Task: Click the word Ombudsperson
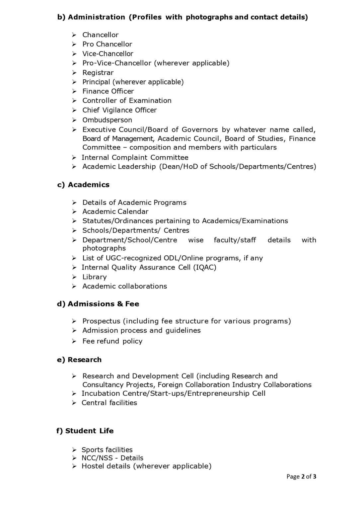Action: [107, 120]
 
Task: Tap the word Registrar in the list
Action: [98, 72]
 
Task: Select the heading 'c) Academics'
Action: [83, 185]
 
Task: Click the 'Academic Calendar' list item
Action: [115, 212]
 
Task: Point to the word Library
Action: [95, 277]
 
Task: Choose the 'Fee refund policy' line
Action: [112, 341]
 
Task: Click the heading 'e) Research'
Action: [79, 360]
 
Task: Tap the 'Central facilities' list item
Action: [109, 403]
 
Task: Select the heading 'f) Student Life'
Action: [85, 431]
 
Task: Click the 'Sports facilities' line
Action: [107, 450]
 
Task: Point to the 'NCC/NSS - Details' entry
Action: [112, 458]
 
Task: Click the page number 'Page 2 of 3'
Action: [301, 476]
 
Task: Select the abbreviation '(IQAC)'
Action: [205, 267]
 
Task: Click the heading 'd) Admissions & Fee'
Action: [98, 304]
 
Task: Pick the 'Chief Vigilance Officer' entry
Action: [119, 110]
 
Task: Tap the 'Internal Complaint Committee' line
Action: [135, 157]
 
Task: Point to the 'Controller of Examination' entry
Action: [127, 101]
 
